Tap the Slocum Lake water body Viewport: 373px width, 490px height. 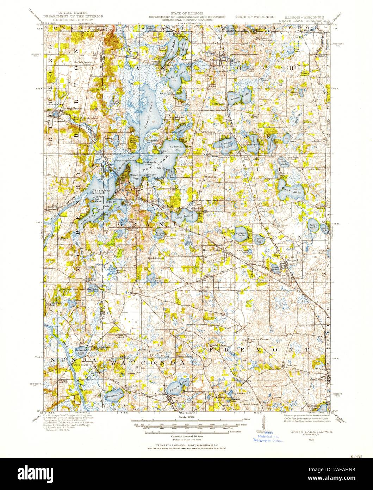(x=112, y=395)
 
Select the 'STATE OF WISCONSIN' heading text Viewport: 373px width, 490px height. (x=253, y=17)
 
